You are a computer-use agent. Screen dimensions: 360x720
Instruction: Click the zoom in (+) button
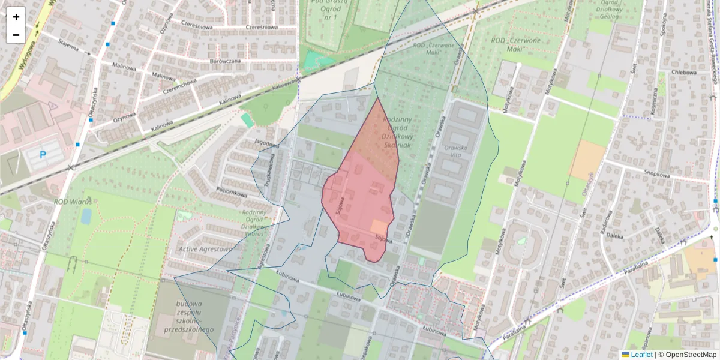pyautogui.click(x=16, y=17)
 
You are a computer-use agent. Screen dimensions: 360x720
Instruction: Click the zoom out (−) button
pyautogui.click(x=16, y=35)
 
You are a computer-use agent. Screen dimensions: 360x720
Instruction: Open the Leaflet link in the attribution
pyautogui.click(x=641, y=355)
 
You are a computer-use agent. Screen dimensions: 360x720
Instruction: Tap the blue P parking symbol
pyautogui.click(x=43, y=155)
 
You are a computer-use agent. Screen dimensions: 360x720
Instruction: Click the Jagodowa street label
pyautogui.click(x=267, y=145)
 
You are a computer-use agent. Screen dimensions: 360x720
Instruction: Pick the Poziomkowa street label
pyautogui.click(x=232, y=193)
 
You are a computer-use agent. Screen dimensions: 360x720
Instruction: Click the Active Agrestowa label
pyautogui.click(x=205, y=248)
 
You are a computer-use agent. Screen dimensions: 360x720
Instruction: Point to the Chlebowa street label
pyautogui.click(x=684, y=73)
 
